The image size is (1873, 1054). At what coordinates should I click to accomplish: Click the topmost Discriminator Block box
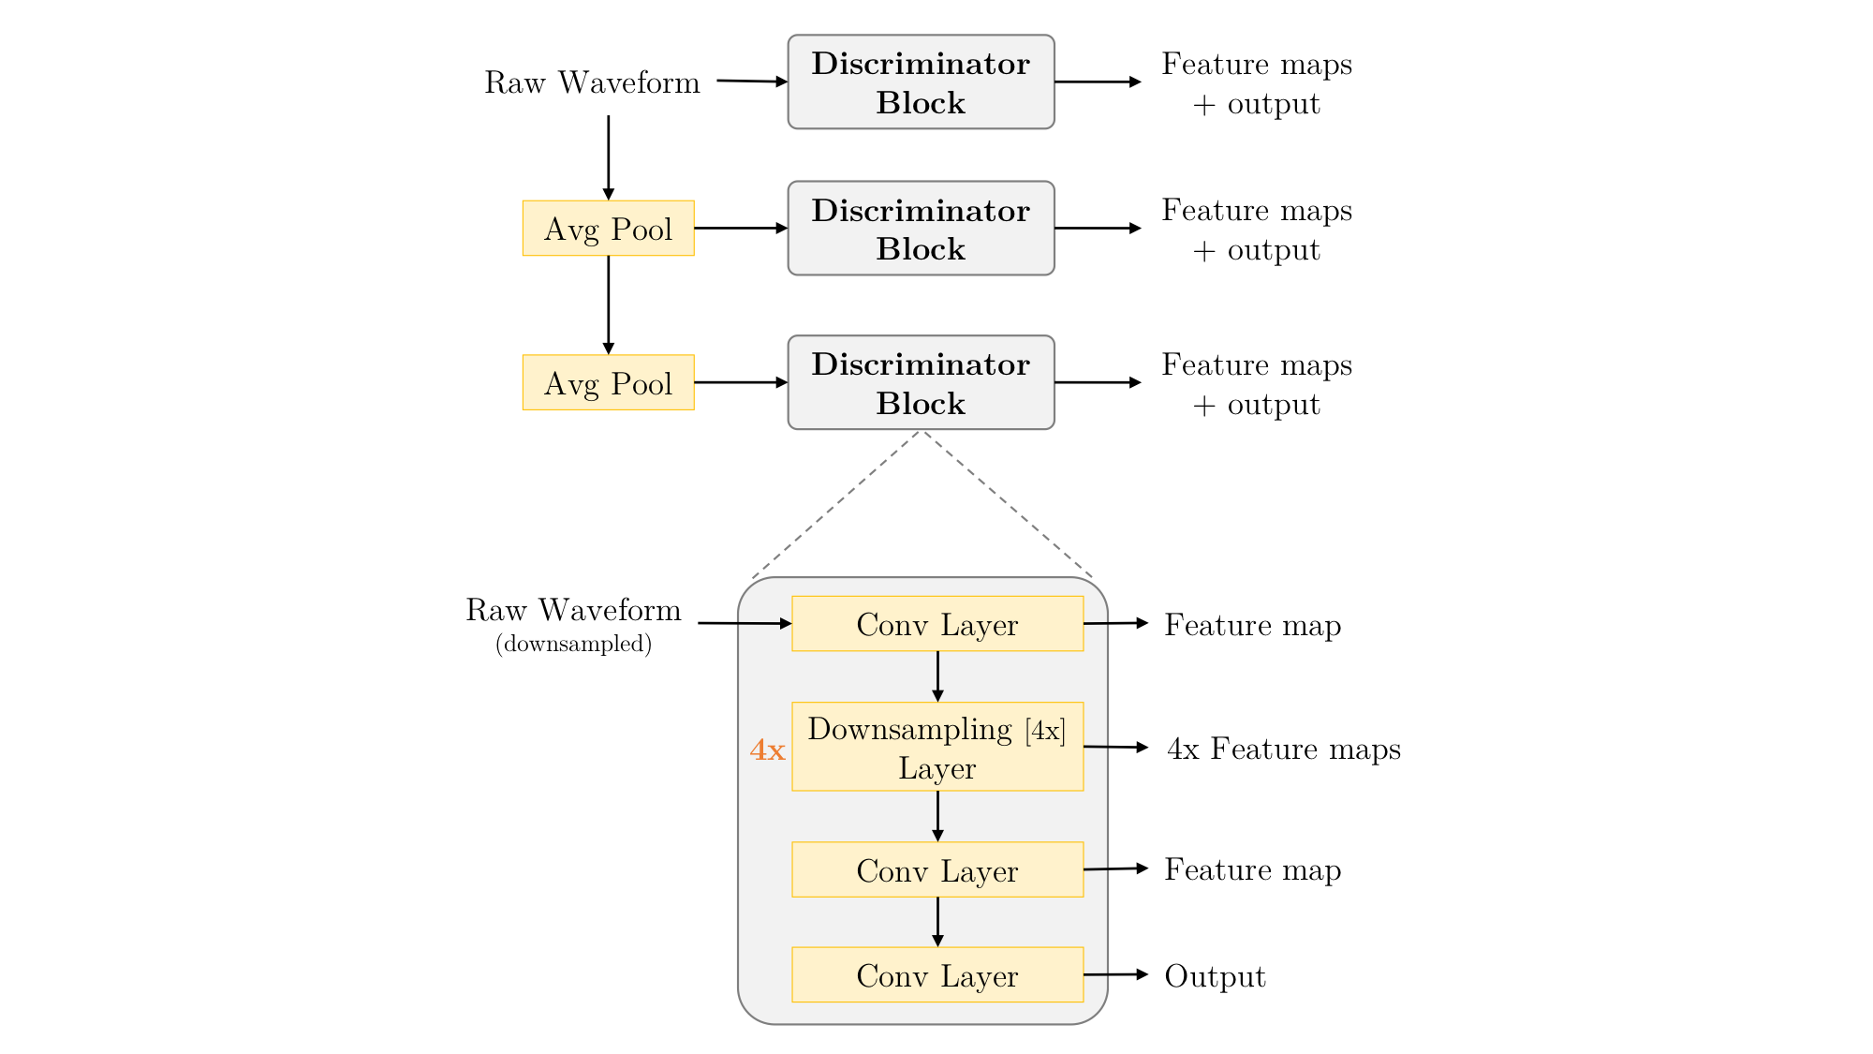click(x=921, y=82)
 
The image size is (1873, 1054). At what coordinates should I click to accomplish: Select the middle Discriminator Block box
click(x=921, y=228)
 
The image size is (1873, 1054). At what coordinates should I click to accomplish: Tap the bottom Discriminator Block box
click(x=921, y=382)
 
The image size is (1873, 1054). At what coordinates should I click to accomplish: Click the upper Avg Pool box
click(x=609, y=228)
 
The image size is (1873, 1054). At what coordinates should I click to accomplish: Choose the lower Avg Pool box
click(x=609, y=382)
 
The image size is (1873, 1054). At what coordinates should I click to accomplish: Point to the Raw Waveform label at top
click(x=592, y=82)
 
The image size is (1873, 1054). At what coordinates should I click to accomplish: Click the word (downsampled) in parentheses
click(x=573, y=644)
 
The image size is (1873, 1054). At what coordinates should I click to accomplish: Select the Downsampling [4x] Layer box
click(x=937, y=747)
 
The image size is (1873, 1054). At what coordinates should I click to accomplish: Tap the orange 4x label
click(x=767, y=750)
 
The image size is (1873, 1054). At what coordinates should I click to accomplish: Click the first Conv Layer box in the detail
click(x=937, y=623)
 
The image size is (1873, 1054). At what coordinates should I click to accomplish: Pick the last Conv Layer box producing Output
click(x=937, y=974)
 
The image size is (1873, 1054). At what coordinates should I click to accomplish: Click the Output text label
click(x=1215, y=976)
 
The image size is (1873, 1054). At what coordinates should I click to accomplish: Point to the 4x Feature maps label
click(x=1284, y=749)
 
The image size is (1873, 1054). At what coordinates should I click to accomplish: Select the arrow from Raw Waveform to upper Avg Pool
click(x=609, y=157)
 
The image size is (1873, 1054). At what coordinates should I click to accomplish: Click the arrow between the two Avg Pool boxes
click(x=609, y=305)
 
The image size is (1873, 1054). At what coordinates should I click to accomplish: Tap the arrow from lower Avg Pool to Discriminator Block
click(x=741, y=382)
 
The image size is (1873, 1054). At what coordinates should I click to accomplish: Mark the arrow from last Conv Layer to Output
click(x=1116, y=974)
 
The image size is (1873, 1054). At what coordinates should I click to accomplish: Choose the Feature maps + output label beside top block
click(x=1257, y=83)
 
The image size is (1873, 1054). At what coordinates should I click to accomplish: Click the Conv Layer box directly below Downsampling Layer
click(x=937, y=869)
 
